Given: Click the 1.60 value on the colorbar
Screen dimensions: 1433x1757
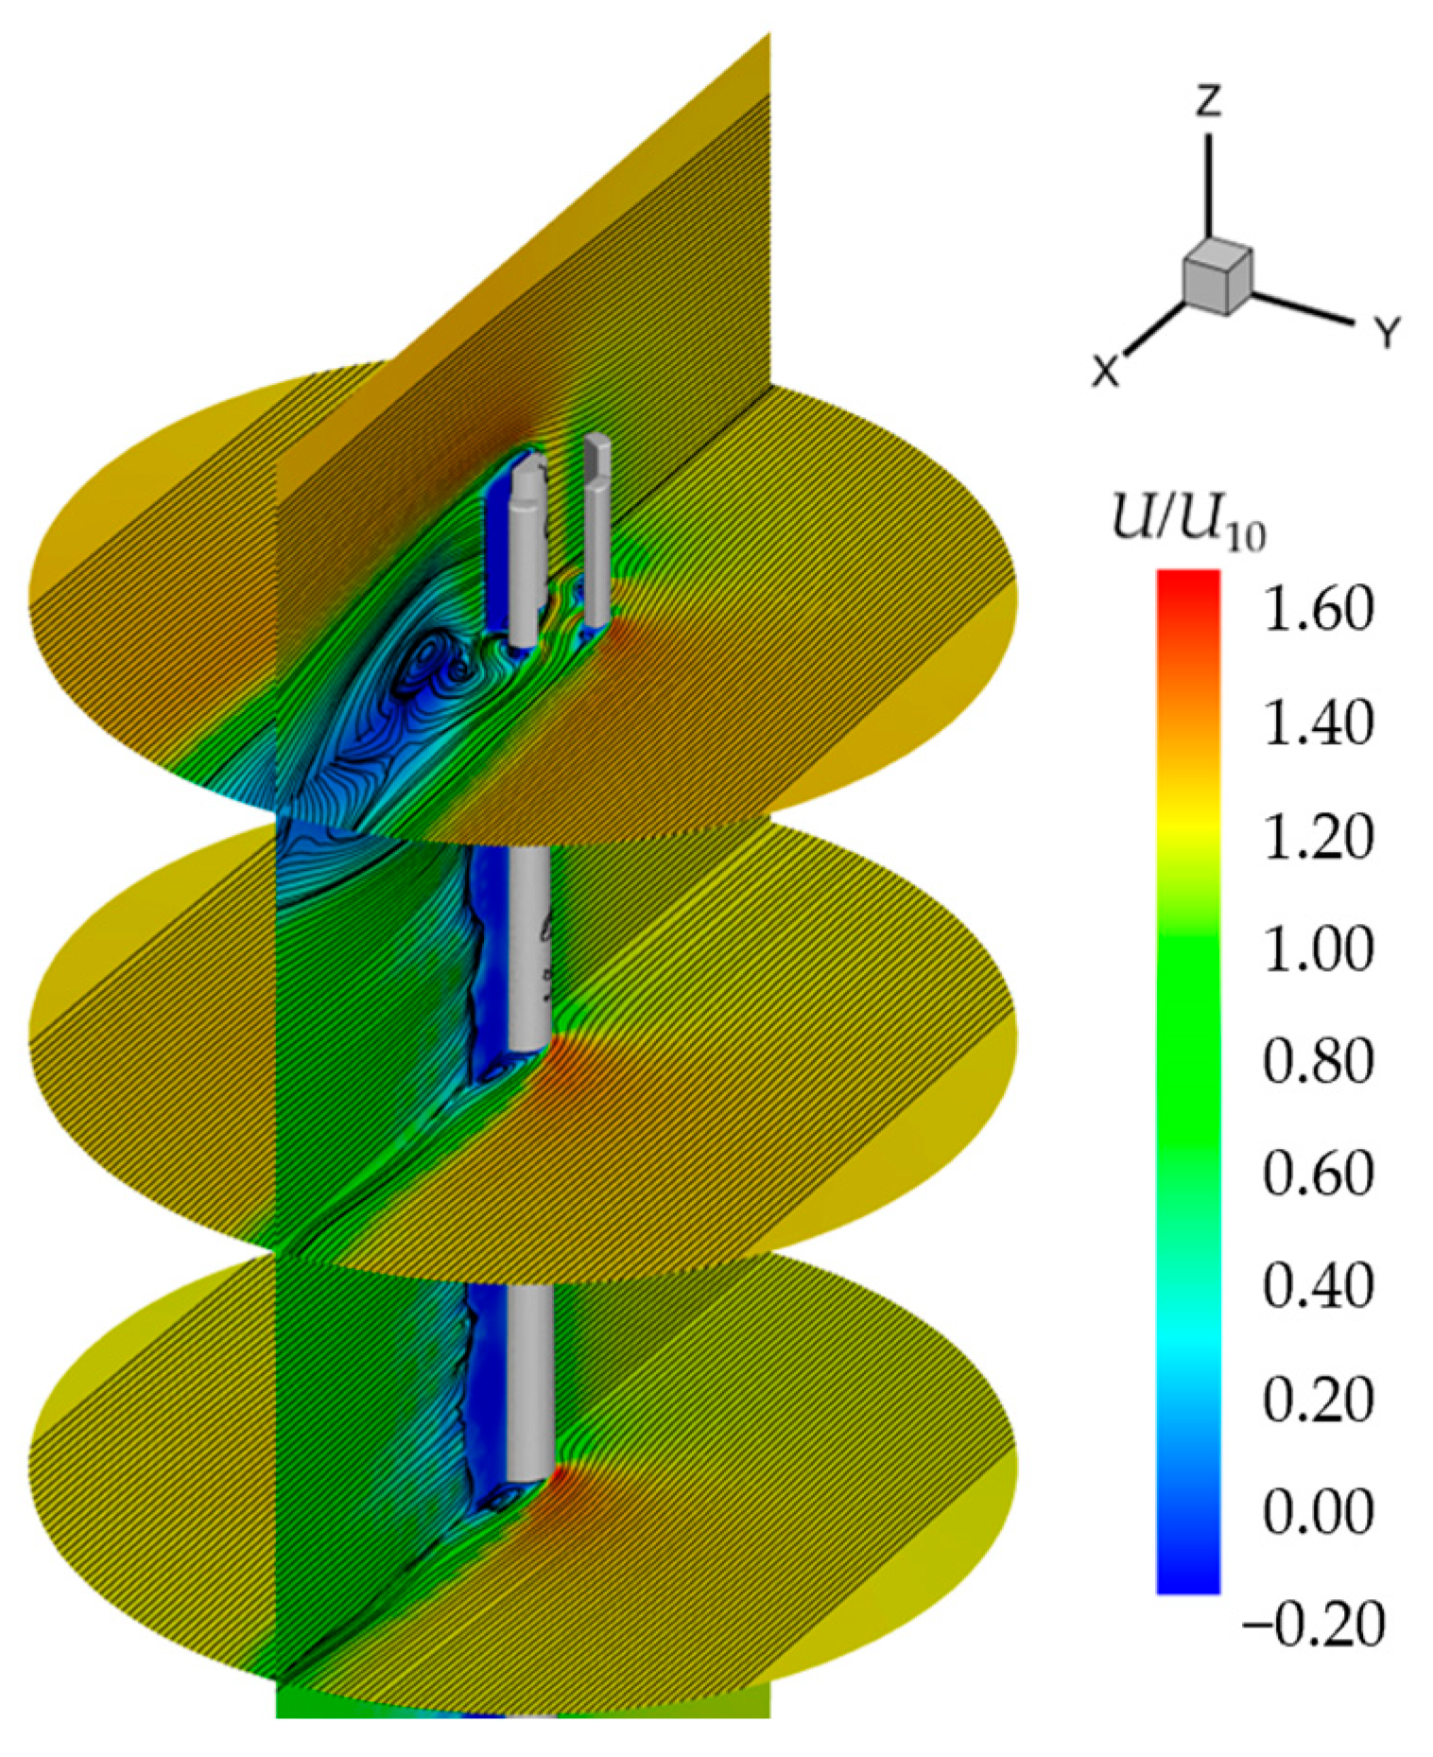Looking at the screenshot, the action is pyautogui.click(x=1318, y=610).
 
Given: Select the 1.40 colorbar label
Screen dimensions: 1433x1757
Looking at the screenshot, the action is pyautogui.click(x=1318, y=723).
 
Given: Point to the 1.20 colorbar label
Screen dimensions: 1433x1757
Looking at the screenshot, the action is pyautogui.click(x=1318, y=837).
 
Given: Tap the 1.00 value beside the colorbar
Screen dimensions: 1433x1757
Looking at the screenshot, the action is pyautogui.click(x=1318, y=948).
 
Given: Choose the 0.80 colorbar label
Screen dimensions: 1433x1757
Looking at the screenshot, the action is pyautogui.click(x=1318, y=1061).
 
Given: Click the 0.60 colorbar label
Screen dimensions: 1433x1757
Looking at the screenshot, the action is pyautogui.click(x=1318, y=1174).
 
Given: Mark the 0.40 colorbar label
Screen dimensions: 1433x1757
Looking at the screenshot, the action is pyautogui.click(x=1318, y=1286).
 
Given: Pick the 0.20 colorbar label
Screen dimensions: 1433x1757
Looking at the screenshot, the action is pyautogui.click(x=1318, y=1399).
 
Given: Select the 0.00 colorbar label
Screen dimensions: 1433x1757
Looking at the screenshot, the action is pyautogui.click(x=1318, y=1511).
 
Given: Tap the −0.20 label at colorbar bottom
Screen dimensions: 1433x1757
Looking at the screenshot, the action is pyautogui.click(x=1311, y=1624).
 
